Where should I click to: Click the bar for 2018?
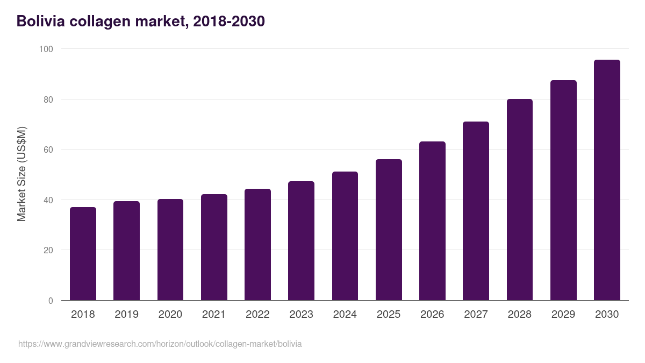(83, 254)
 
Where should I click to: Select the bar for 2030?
(607, 180)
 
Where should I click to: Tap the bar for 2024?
(345, 236)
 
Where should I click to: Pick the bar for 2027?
(476, 211)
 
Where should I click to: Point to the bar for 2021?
(214, 247)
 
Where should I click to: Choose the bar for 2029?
(563, 190)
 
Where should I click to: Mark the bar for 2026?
(432, 221)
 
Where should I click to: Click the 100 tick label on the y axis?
(46, 49)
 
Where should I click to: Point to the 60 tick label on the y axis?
(48, 150)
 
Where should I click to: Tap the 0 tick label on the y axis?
(51, 301)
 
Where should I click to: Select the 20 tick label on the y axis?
(48, 250)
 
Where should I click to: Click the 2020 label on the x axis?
(170, 315)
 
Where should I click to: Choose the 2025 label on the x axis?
(389, 315)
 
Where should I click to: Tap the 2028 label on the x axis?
(520, 315)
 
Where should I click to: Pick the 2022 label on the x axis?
(257, 315)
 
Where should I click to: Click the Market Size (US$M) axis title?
(21, 174)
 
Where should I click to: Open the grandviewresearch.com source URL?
(160, 344)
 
